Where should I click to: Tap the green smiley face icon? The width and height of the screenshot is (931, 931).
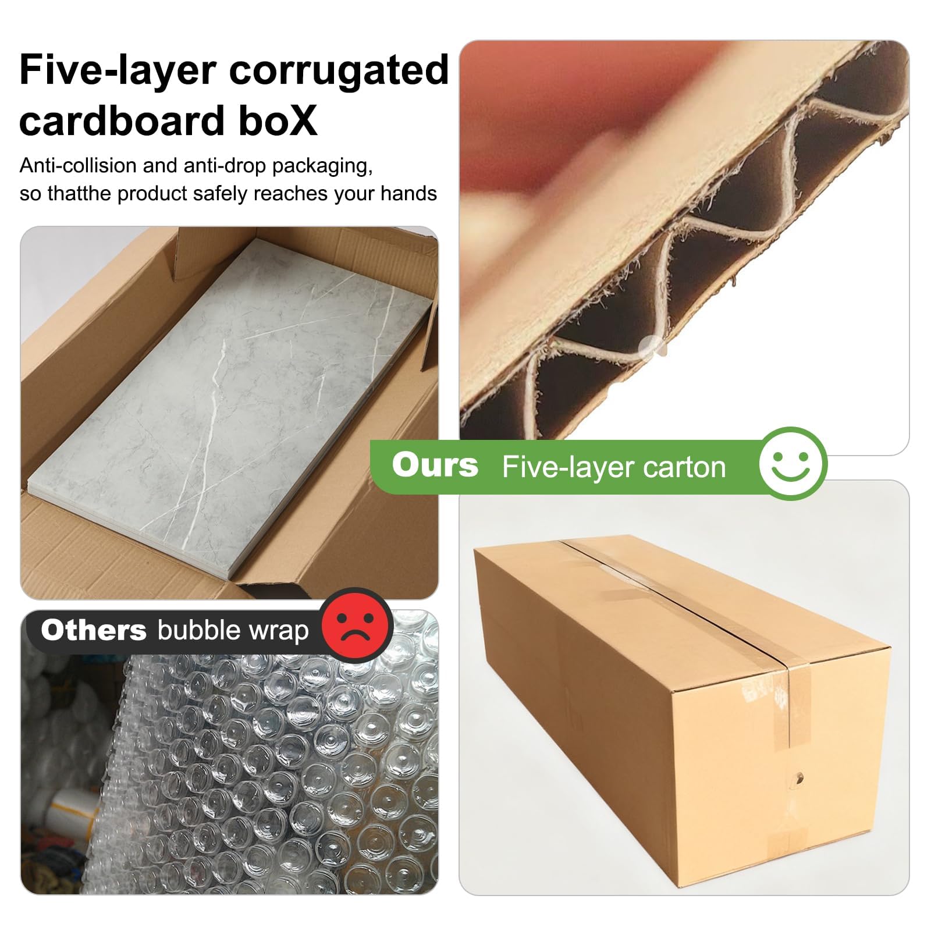793,463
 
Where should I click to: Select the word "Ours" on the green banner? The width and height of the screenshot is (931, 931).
435,465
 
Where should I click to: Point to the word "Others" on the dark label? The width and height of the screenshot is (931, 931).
94,630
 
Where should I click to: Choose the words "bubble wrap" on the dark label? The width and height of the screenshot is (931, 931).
233,631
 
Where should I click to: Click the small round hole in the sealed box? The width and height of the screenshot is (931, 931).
799,777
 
